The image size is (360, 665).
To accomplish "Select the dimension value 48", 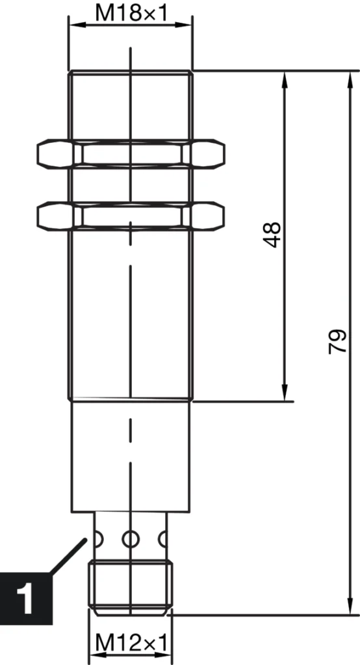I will pos(274,234).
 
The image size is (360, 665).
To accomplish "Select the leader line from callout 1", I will pos(68,555).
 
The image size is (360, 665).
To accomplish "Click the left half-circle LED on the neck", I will pos(99,538).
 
